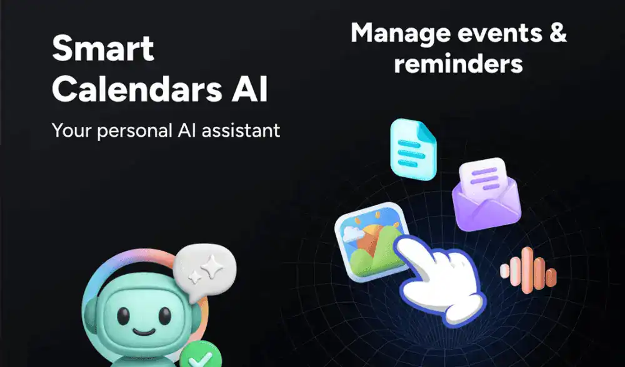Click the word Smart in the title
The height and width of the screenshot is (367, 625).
(103, 48)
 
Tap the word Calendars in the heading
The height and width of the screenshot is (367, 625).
(137, 89)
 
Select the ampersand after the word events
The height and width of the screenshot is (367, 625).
(557, 32)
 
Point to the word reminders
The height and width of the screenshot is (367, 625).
(458, 63)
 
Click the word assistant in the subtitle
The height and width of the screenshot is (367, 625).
(241, 130)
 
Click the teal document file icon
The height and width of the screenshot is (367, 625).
(413, 149)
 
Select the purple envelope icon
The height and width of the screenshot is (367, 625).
(486, 195)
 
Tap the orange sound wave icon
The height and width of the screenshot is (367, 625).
(529, 270)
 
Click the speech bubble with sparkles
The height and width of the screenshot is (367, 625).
(204, 272)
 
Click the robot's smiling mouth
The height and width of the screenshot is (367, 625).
(144, 331)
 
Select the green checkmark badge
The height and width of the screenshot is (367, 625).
(201, 355)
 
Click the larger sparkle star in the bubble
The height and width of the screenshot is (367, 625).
(212, 266)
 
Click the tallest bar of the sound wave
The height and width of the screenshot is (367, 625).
(527, 270)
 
